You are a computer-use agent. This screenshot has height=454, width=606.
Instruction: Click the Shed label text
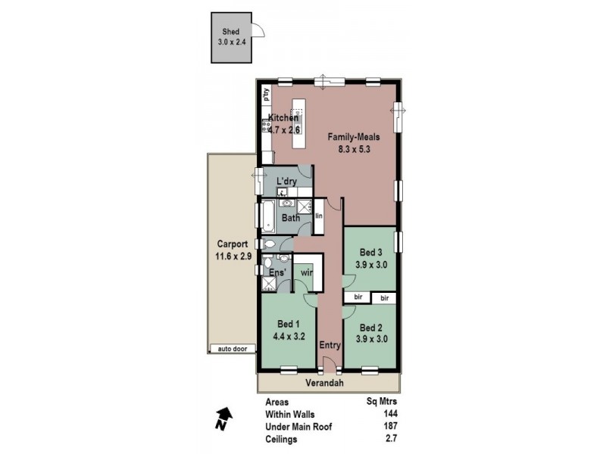pos(230,33)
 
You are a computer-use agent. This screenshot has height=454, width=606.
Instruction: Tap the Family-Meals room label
pos(353,138)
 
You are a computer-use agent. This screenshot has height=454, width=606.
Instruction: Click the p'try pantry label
pos(266,95)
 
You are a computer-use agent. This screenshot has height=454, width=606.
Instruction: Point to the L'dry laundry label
pos(286,181)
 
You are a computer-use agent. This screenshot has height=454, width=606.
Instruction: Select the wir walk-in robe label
pos(307,271)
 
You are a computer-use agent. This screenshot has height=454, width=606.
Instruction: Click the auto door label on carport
pos(233,349)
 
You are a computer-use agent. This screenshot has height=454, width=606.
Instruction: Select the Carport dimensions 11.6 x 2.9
pos(233,257)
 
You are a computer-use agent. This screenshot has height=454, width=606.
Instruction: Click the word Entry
pos(330,345)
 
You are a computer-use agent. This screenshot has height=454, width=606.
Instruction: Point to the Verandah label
pos(324,384)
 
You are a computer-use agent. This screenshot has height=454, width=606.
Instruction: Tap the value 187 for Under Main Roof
pos(390,428)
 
